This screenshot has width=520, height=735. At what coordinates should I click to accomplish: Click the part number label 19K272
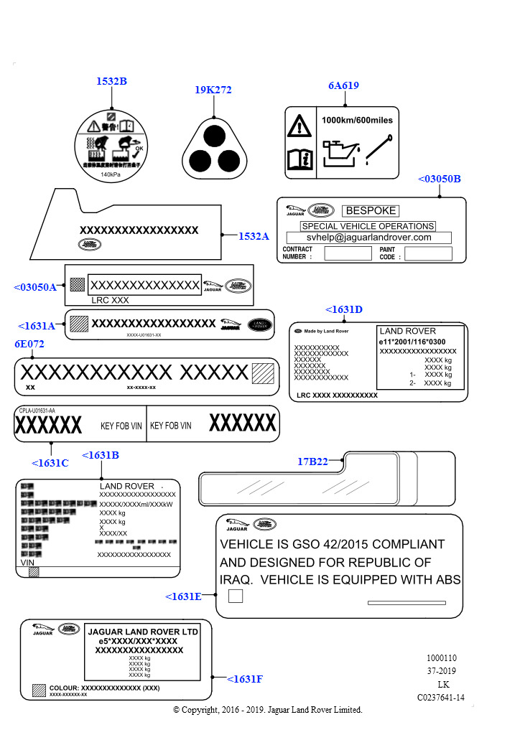[213, 90]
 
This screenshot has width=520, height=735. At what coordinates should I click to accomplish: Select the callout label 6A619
[343, 85]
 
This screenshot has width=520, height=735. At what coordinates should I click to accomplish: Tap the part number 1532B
[111, 82]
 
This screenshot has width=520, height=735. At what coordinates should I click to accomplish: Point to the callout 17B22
[312, 462]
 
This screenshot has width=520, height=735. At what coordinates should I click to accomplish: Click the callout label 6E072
[29, 344]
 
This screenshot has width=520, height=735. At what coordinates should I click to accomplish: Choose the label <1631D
[344, 309]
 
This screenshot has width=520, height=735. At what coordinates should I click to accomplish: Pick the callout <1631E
[184, 596]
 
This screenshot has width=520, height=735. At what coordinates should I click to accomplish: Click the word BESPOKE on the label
[371, 211]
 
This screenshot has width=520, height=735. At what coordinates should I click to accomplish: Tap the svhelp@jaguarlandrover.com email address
[368, 238]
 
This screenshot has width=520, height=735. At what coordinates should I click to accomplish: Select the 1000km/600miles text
[357, 120]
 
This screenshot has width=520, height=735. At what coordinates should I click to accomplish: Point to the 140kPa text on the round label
[111, 174]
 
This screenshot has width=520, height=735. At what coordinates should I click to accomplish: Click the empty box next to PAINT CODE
[428, 253]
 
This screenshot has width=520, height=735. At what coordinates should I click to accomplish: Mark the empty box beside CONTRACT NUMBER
[348, 253]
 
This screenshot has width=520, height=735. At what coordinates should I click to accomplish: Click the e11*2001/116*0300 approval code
[412, 342]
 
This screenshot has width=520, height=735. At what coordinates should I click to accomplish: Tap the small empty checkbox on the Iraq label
[235, 596]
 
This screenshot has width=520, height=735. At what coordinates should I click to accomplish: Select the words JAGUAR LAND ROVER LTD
[143, 632]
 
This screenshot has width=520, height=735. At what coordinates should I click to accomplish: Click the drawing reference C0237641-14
[440, 697]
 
